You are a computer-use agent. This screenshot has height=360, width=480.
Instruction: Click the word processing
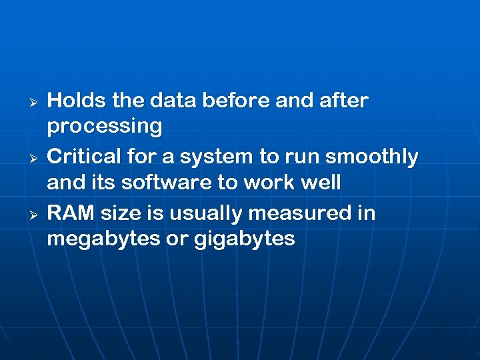[104, 127]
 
